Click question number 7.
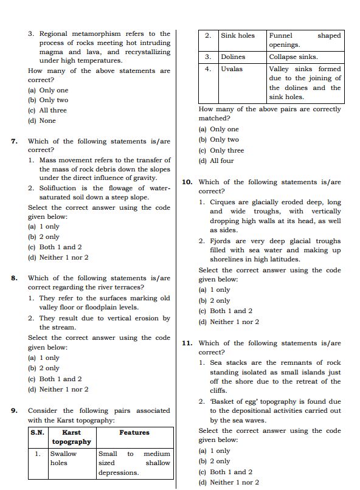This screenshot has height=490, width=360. [x=14, y=141]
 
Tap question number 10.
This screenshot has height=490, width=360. [x=187, y=182]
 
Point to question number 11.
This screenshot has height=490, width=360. [x=187, y=343]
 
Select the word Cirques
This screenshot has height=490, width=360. [x=224, y=202]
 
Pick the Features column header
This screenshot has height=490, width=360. [x=134, y=432]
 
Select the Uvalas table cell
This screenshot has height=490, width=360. [x=232, y=69]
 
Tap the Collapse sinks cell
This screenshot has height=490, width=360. [x=293, y=57]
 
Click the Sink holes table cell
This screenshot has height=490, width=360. [x=238, y=36]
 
